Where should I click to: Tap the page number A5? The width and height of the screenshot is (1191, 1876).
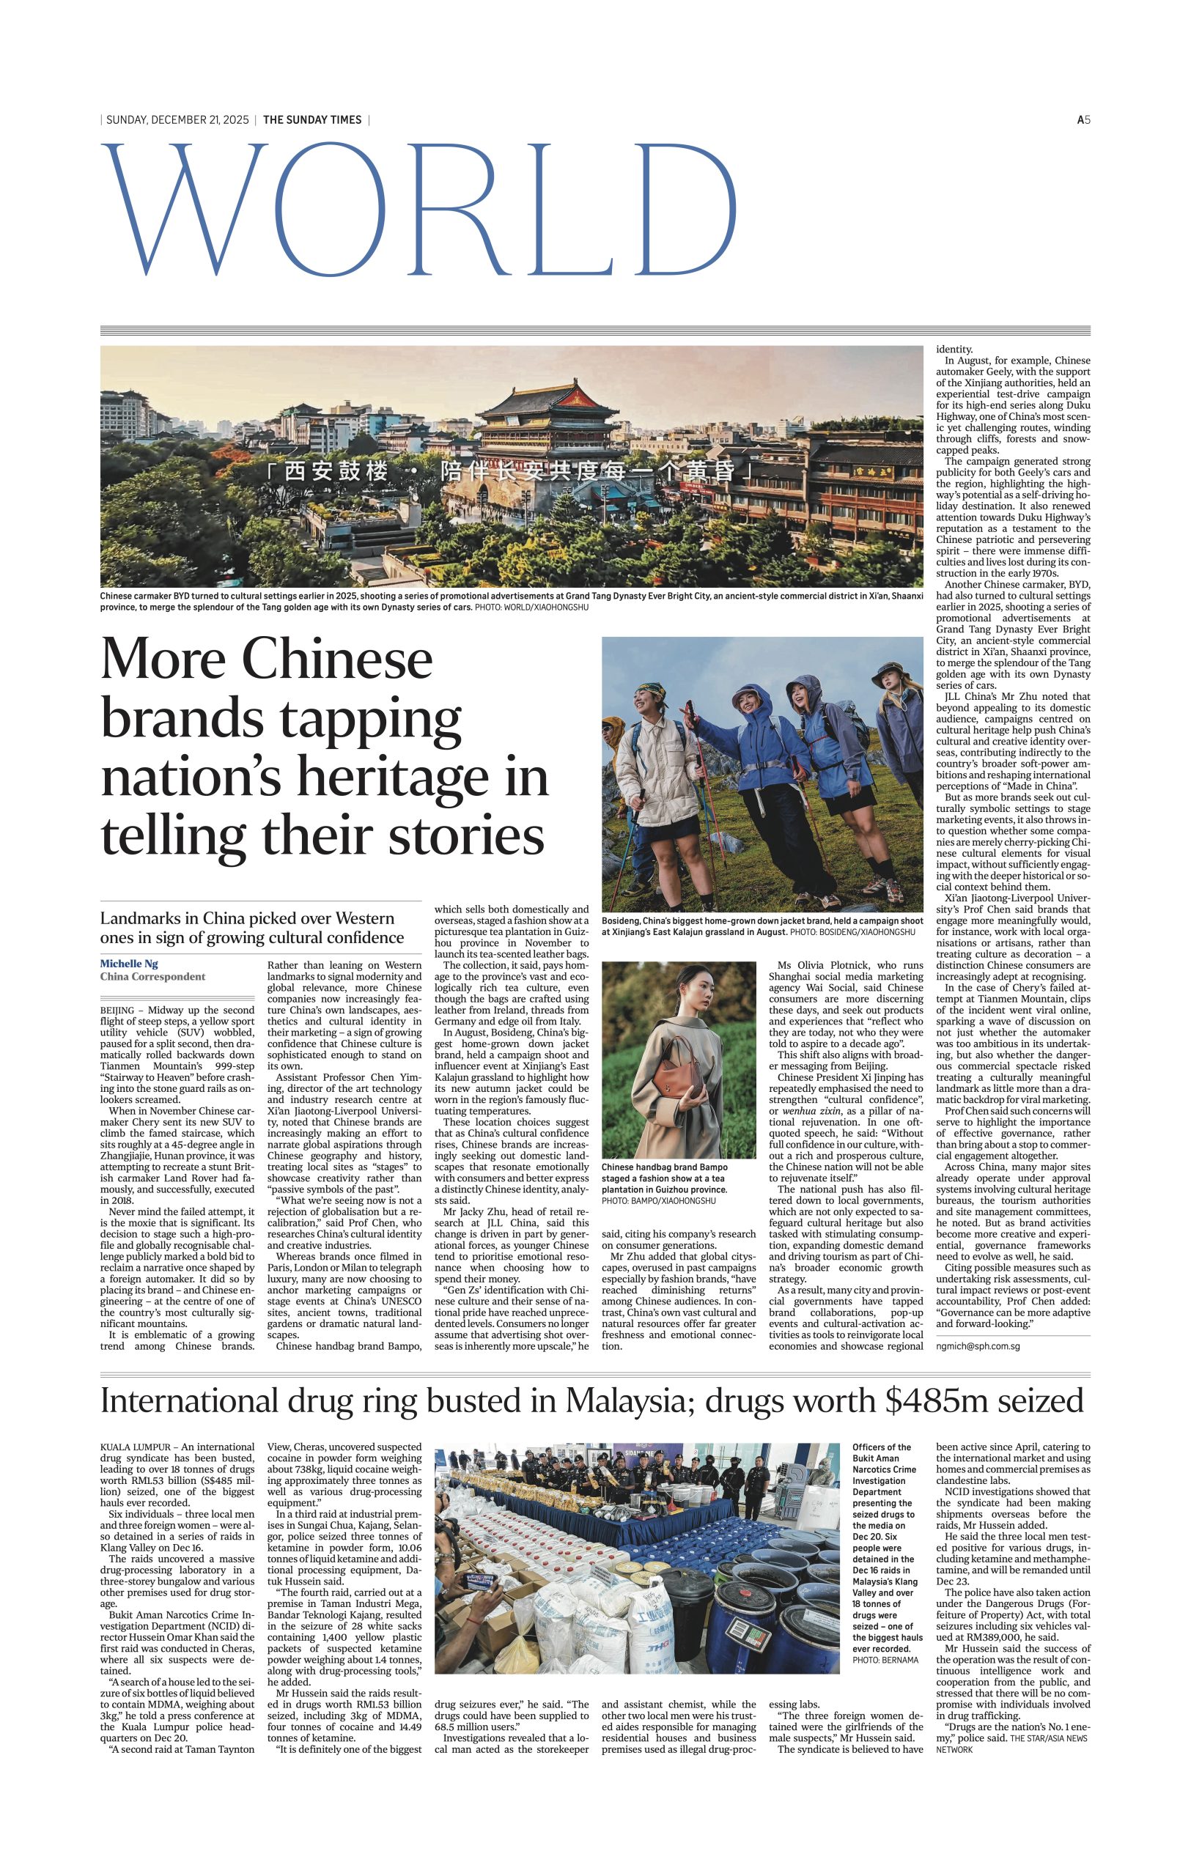pyautogui.click(x=1083, y=120)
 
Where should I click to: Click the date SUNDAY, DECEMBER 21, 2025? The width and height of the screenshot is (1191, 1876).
pyautogui.click(x=177, y=120)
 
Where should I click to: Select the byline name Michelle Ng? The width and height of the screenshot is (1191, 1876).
pyautogui.click(x=129, y=964)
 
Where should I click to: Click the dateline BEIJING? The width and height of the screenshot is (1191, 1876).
pyautogui.click(x=117, y=1011)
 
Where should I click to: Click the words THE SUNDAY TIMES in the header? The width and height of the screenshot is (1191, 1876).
pyautogui.click(x=312, y=120)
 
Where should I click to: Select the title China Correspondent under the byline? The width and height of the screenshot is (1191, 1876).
pyautogui.click(x=152, y=976)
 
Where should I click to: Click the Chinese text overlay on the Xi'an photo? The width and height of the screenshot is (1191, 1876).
pyautogui.click(x=510, y=472)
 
